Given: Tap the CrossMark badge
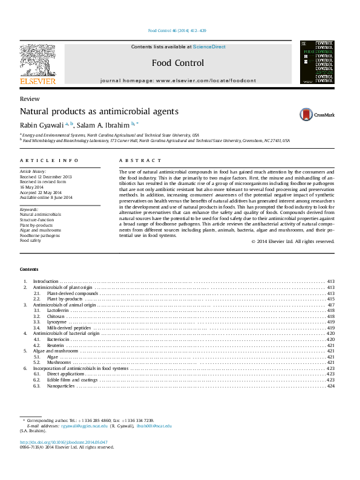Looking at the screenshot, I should [316, 114].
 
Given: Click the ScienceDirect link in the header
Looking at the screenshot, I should [209, 47].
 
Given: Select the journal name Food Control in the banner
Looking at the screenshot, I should [178, 63].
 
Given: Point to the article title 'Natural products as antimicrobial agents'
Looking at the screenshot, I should [99, 111].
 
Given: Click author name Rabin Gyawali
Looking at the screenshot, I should [42, 125].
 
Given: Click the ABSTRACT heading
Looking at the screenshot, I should [140, 160].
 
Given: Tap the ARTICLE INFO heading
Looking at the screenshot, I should [49, 160].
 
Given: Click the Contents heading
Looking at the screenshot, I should [29, 269].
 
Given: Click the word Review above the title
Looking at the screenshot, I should [30, 99].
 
